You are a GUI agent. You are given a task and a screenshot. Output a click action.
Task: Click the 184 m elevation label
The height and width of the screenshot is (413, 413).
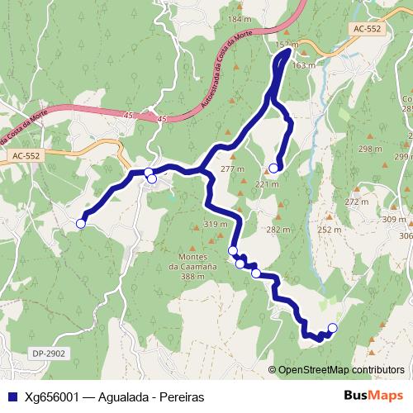tap(239, 18)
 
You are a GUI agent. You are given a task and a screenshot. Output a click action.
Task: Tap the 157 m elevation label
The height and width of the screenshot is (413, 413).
tap(286, 44)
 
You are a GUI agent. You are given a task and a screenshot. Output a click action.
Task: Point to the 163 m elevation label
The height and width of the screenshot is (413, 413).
tap(304, 64)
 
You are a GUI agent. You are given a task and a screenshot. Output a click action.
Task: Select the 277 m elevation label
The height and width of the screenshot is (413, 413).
tap(234, 169)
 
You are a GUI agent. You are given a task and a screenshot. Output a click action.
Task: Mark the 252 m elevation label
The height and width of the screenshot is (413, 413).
tap(330, 230)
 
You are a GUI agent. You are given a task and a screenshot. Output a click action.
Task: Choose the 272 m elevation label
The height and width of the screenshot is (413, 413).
tap(356, 202)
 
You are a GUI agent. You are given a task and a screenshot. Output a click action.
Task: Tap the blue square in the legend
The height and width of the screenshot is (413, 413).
tap(11, 397)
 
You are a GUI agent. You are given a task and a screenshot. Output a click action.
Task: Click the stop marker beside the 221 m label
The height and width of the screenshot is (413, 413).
tap(273, 169)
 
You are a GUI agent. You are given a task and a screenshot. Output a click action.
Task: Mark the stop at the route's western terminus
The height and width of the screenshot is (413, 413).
tap(81, 223)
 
